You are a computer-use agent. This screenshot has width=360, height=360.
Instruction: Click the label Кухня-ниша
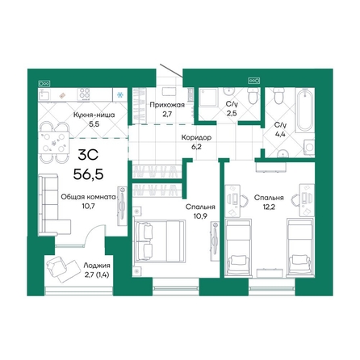tap(93, 115)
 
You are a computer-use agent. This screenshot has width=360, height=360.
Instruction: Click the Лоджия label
tap(96, 264)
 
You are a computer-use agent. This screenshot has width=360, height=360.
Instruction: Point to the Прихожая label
tap(165, 105)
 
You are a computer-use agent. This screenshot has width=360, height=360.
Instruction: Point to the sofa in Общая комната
tap(50, 198)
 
